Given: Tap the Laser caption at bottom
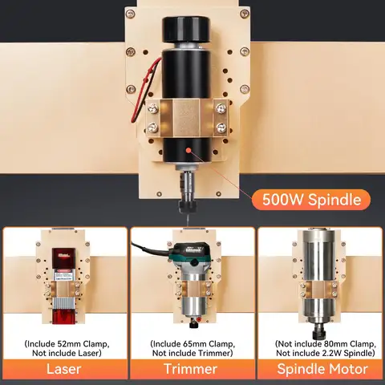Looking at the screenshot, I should (63, 369).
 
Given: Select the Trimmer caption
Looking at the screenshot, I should (192, 369).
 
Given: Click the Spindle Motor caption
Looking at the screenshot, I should (320, 369).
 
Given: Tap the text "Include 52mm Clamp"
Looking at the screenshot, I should (64, 342).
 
